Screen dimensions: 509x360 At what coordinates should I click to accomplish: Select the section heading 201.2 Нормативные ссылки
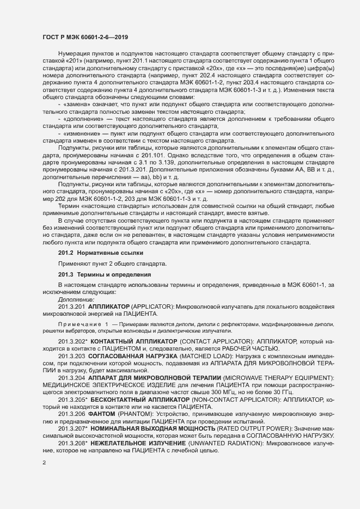tap(93, 253)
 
